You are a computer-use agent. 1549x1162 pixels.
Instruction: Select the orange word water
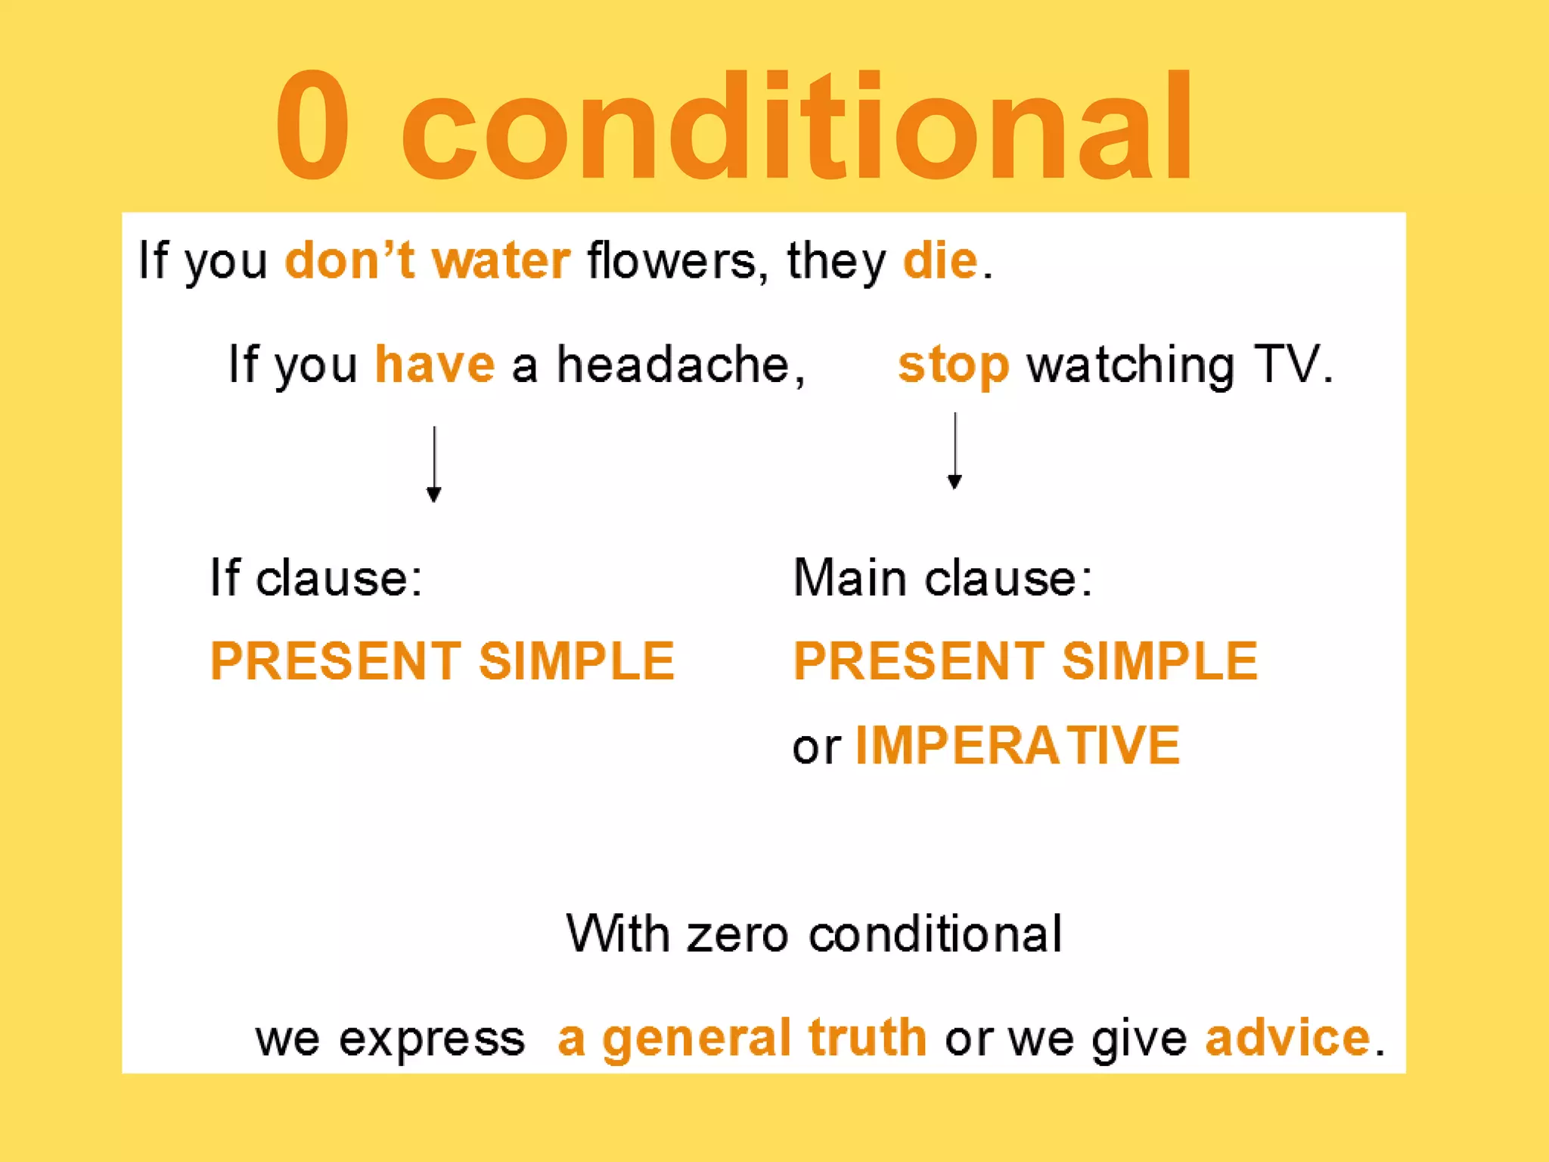[501, 261]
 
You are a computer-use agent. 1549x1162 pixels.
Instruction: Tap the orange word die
[941, 261]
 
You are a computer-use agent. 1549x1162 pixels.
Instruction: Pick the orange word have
[435, 365]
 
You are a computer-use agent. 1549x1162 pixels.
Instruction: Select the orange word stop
[953, 366]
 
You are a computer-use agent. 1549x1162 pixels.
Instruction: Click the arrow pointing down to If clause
[434, 464]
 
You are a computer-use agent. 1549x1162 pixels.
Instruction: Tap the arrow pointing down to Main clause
[955, 451]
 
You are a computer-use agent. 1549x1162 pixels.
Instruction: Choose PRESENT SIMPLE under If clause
[442, 661]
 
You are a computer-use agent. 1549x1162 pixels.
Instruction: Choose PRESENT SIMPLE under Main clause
[1026, 661]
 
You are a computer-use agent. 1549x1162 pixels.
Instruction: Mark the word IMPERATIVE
[1017, 746]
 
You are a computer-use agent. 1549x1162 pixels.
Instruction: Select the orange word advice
[1287, 1037]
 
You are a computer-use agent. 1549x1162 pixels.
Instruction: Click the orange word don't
[349, 261]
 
